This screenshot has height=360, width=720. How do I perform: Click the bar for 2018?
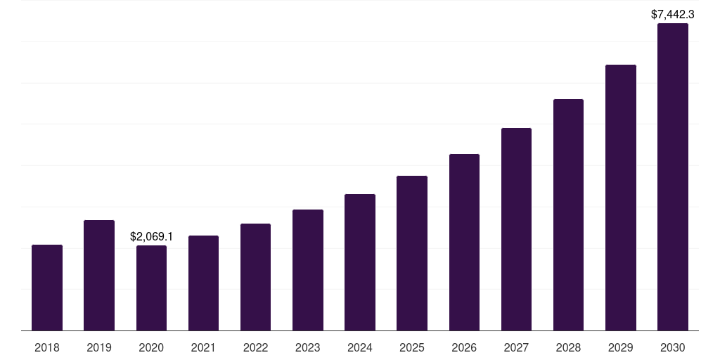47,288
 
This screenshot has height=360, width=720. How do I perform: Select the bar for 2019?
99,275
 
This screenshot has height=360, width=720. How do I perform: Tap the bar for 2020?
151,288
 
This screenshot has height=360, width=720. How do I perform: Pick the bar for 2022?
255,277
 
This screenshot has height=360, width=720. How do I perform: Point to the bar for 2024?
360,262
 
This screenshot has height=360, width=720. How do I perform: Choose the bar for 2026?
464,242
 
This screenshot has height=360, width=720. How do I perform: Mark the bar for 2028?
568,214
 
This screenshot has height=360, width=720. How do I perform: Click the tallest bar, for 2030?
673,176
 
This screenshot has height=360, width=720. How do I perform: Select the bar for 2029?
621,198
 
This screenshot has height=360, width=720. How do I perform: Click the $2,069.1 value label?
151,237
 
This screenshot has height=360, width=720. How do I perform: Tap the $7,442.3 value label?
673,14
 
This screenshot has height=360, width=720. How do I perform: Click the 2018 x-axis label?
47,347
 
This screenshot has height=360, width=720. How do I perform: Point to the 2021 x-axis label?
204,347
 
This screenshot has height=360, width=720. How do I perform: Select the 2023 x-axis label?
308,347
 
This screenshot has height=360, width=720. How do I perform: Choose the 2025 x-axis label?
412,347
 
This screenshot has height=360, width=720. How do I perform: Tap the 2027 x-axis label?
516,347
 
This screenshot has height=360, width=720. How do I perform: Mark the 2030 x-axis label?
673,347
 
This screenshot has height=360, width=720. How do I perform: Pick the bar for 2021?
204,283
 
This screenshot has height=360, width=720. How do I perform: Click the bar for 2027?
516,229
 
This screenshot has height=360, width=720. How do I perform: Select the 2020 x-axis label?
151,347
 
